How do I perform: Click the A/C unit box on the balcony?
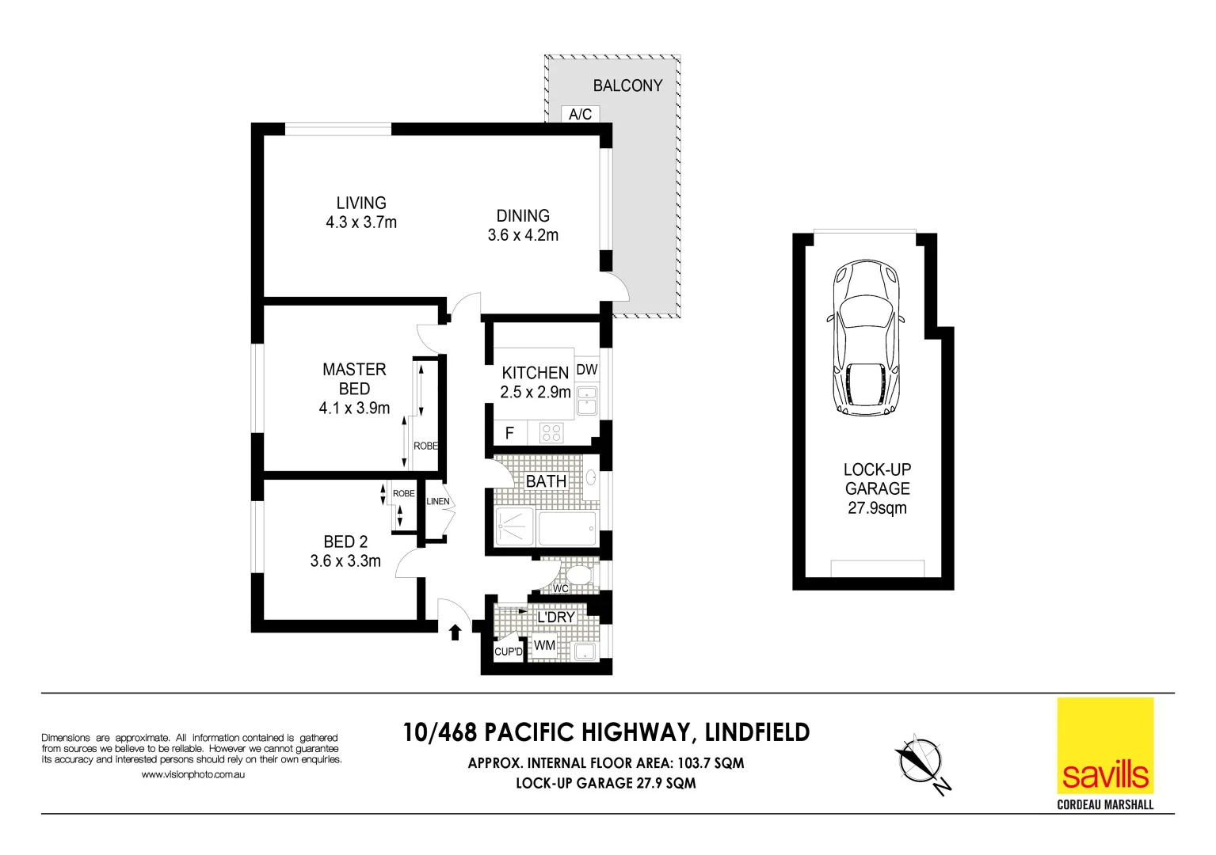point(580,114)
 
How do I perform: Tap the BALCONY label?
point(627,85)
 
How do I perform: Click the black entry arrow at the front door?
point(456,632)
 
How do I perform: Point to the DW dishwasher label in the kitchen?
point(587,370)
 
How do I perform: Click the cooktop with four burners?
point(551,433)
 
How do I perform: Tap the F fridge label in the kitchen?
point(509,433)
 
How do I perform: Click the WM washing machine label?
point(544,645)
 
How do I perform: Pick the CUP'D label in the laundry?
point(508,652)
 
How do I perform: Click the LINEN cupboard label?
point(437,501)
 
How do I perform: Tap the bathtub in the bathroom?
point(566,528)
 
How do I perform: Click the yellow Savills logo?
point(1105,746)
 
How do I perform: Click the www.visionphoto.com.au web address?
point(193,774)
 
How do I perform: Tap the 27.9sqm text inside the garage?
point(877,508)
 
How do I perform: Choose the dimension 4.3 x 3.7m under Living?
point(361,222)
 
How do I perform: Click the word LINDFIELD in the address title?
point(757,732)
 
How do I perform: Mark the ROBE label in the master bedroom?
point(425,446)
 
